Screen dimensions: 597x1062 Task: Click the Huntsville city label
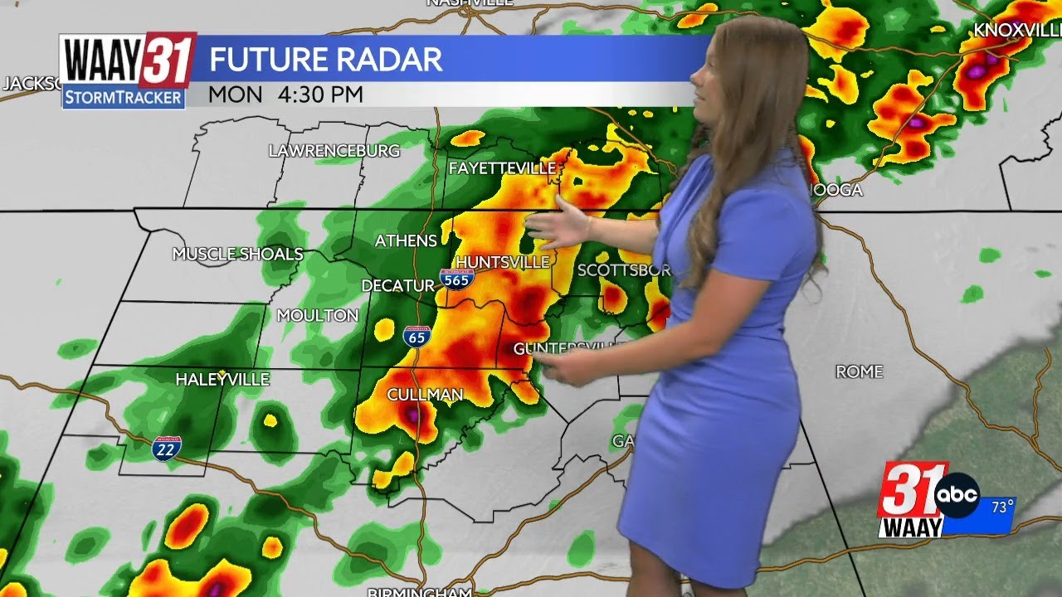(503, 262)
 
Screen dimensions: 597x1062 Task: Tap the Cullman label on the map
(425, 395)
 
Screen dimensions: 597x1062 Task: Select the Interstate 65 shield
(417, 336)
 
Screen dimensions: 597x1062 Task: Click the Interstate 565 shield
(457, 279)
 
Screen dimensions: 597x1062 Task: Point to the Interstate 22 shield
(167, 449)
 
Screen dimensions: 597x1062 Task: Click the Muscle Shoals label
(237, 254)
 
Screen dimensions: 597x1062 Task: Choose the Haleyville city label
(222, 379)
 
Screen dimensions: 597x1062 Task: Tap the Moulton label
(317, 315)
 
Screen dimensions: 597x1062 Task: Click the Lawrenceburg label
(334, 151)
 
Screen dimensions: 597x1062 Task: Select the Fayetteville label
(502, 168)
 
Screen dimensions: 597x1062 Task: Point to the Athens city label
(406, 240)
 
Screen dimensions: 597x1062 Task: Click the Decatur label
(398, 285)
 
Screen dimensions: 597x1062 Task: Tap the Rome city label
(859, 371)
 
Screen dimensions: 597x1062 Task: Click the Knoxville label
(1017, 30)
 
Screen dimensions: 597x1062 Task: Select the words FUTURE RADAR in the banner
(325, 60)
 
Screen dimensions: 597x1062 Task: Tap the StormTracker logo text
(124, 98)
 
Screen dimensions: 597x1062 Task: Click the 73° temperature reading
(1001, 507)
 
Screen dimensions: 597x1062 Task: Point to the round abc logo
(957, 496)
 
